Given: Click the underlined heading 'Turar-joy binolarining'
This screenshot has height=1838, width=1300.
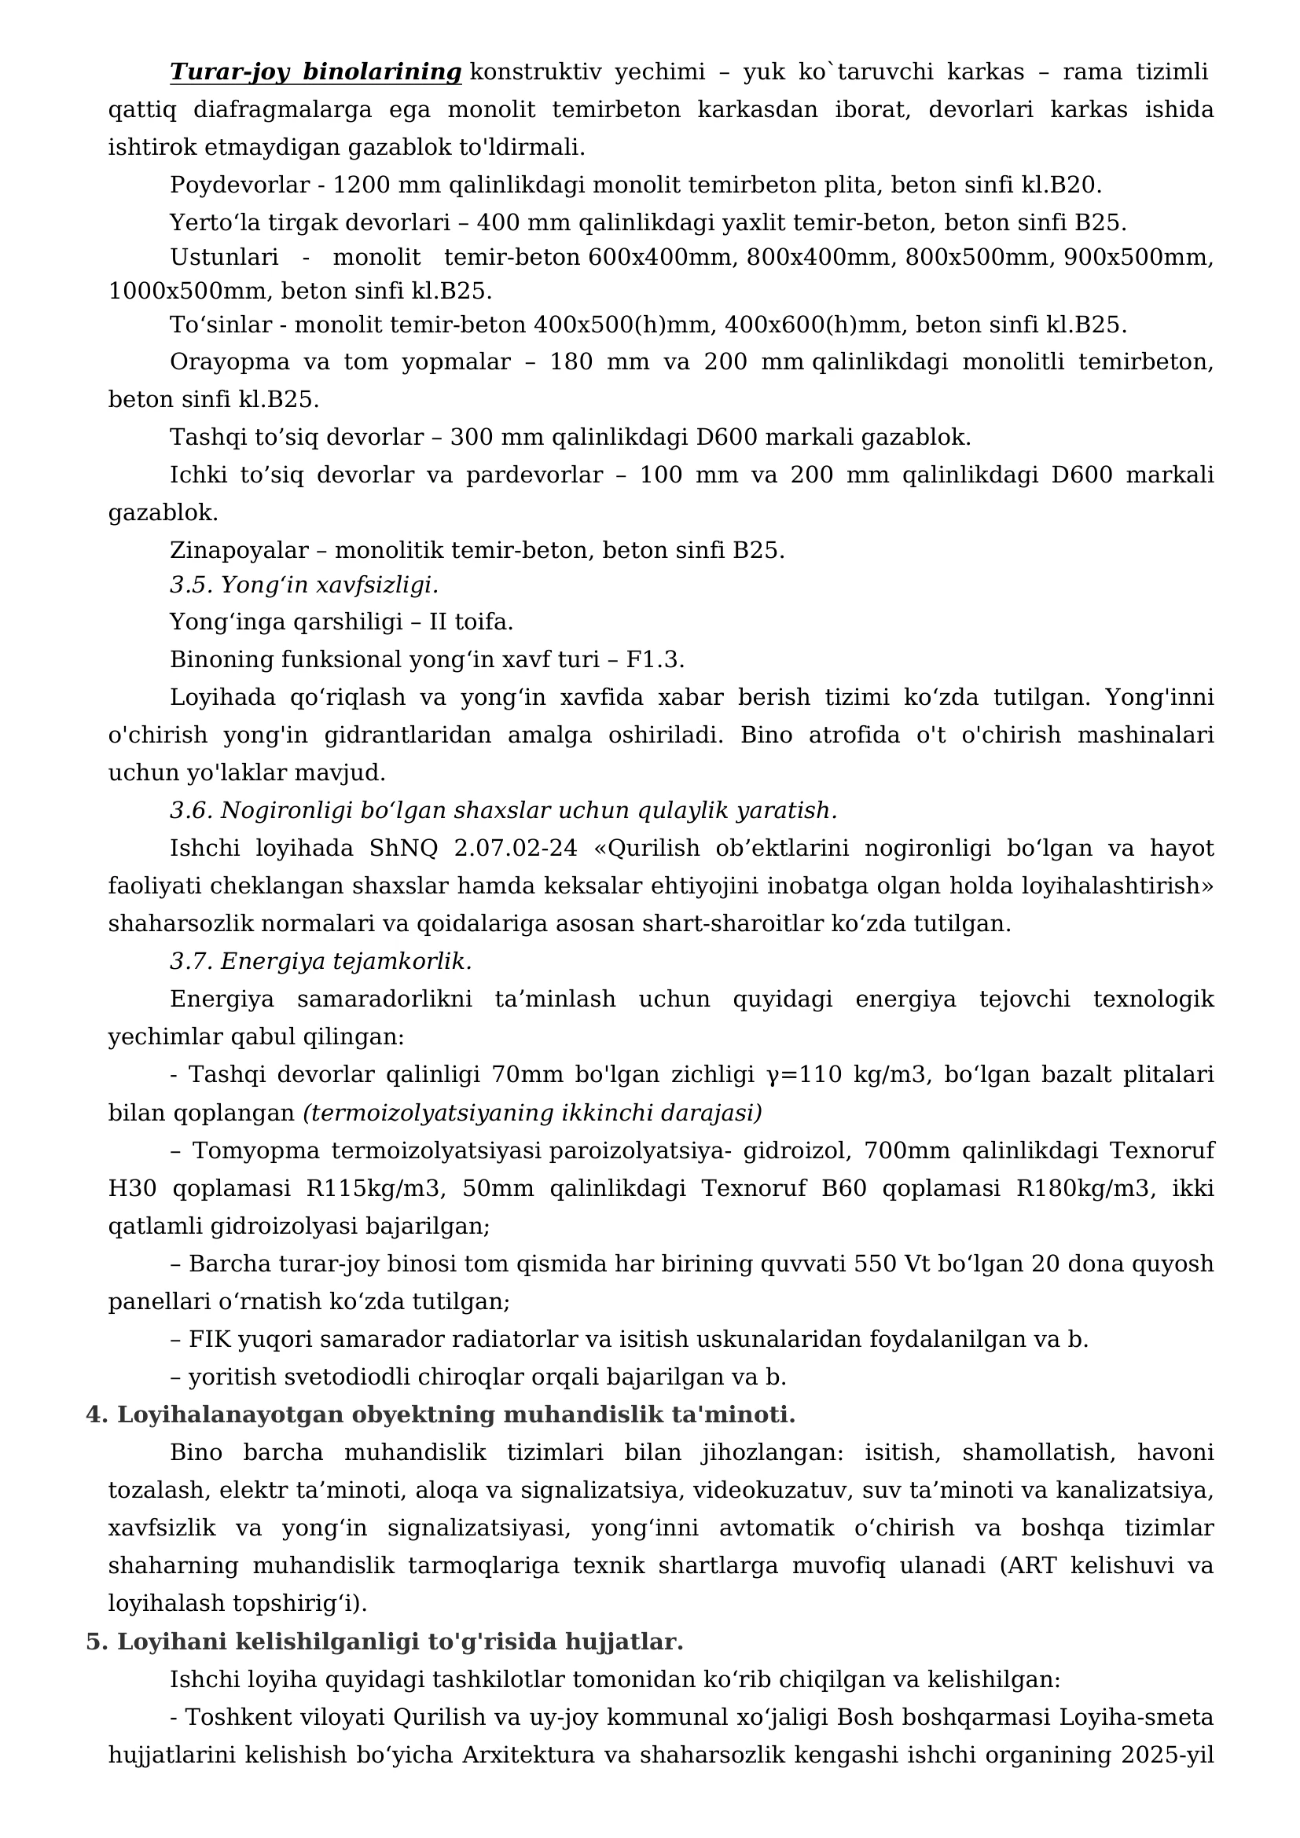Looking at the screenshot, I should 315,72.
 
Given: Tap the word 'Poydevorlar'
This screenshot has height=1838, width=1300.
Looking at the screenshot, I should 240,185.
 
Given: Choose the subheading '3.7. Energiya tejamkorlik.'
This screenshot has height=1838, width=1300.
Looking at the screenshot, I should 320,960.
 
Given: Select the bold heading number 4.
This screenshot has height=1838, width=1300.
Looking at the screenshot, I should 96,1414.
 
